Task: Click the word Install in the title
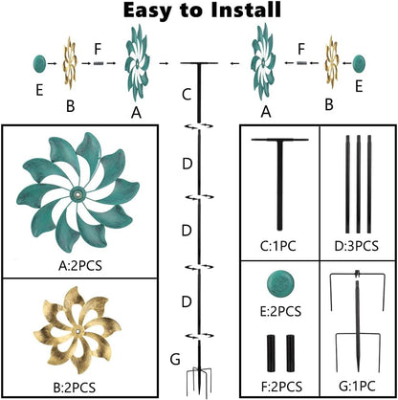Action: coord(246,11)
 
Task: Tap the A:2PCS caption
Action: coord(80,265)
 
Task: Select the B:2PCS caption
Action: coord(75,388)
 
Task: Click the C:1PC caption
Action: coord(277,246)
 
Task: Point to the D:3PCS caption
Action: coord(357,246)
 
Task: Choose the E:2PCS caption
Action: coord(280,311)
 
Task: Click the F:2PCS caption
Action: coord(281,387)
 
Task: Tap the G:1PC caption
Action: coord(357,387)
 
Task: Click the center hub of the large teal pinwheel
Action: coord(77,194)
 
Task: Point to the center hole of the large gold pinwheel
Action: coord(78,332)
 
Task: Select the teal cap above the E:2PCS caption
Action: coord(280,283)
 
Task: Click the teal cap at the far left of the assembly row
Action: coord(39,63)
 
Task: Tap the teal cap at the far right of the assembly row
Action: coord(359,63)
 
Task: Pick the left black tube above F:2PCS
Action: coord(271,353)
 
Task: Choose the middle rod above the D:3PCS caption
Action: coord(359,185)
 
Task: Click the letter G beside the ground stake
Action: coord(175,360)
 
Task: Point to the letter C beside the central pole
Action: coord(187,95)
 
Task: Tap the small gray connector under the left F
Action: coord(99,63)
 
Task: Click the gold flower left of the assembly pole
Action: coord(70,63)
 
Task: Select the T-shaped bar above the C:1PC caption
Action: coord(279,185)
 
